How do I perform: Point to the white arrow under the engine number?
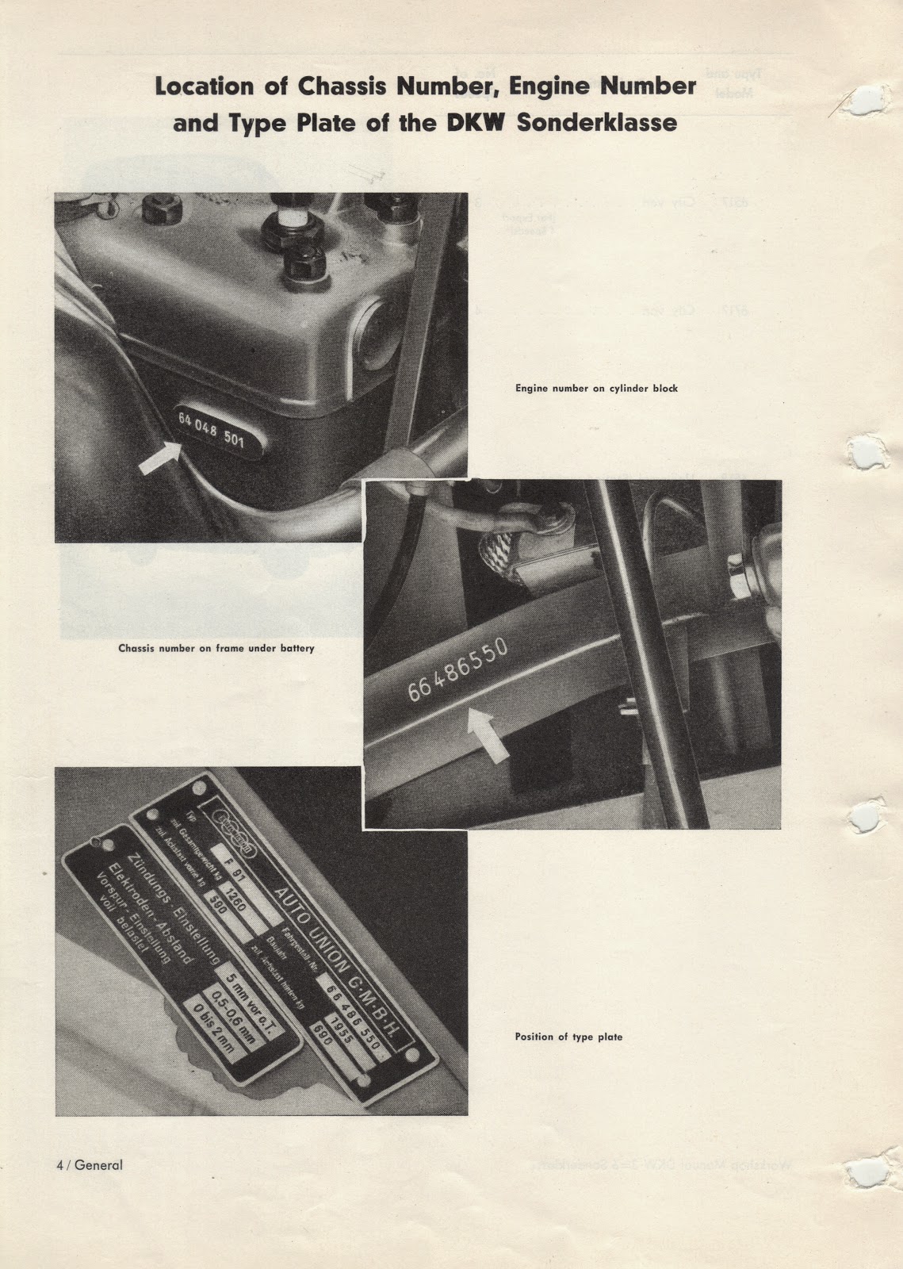coord(159,458)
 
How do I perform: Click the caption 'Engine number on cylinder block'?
coord(596,389)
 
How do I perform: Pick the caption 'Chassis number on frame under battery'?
coord(216,648)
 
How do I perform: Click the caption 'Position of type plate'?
coord(568,1037)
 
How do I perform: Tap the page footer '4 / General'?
coord(90,1165)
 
